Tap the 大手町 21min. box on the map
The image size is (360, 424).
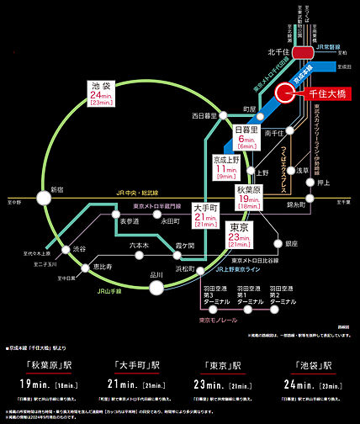pos(206,215)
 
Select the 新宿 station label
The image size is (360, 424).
pos(56,189)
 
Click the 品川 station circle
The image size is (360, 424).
pos(156,289)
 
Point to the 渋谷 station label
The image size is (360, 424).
pos(78,250)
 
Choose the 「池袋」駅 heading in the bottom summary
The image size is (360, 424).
pos(311,367)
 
